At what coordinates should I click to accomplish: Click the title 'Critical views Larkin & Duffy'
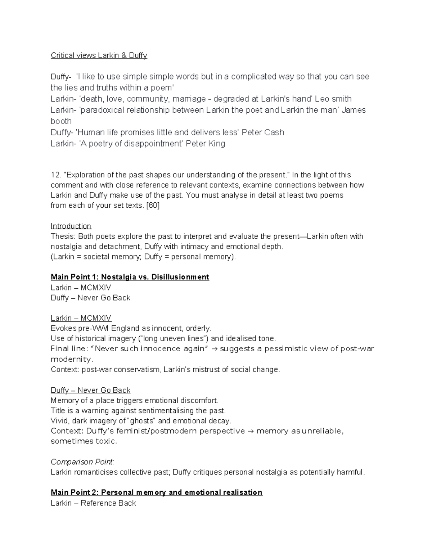99,55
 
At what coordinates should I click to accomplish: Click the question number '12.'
56,175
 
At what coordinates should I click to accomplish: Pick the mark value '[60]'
153,206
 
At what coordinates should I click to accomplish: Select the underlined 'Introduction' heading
71,226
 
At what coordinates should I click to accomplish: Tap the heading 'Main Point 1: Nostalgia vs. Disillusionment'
130,277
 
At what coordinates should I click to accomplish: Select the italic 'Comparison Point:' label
82,462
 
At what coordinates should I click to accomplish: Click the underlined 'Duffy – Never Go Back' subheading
90,390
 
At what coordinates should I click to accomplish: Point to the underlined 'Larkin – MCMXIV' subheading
81,318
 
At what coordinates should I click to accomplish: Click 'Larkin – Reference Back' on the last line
93,503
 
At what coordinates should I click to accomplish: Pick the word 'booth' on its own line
61,121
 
